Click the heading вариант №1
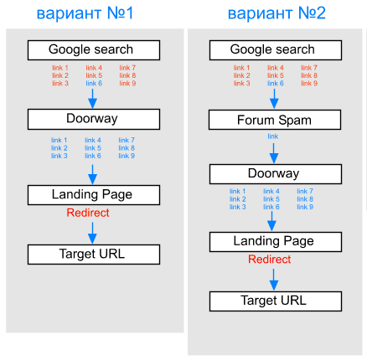coord(85,13)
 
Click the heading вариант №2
coord(277,13)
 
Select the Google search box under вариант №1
coord(94,50)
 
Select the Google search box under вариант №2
coord(276,50)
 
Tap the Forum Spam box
coord(275,120)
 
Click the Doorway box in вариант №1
coord(94,119)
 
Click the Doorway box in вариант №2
coord(276,174)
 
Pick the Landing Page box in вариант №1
coord(94,195)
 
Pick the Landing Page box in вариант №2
coord(276,242)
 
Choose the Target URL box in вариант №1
coord(94,255)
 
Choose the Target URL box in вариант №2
coord(276,301)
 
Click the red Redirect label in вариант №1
coord(88,213)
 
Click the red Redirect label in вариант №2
coord(270,260)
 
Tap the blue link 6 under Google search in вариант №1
coord(94,83)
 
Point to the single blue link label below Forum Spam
coord(273,136)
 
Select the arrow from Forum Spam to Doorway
coord(274,153)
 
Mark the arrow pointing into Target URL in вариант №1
coord(92,233)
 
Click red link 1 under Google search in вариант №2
coord(241,68)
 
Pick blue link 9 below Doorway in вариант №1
coord(127,156)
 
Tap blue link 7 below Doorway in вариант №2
coord(305,191)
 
